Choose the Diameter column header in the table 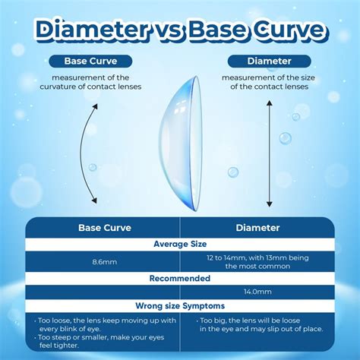pos(257,227)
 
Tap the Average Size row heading pos(180,244)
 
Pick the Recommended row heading pos(180,278)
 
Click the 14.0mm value pos(257,291)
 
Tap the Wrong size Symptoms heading pos(180,305)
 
